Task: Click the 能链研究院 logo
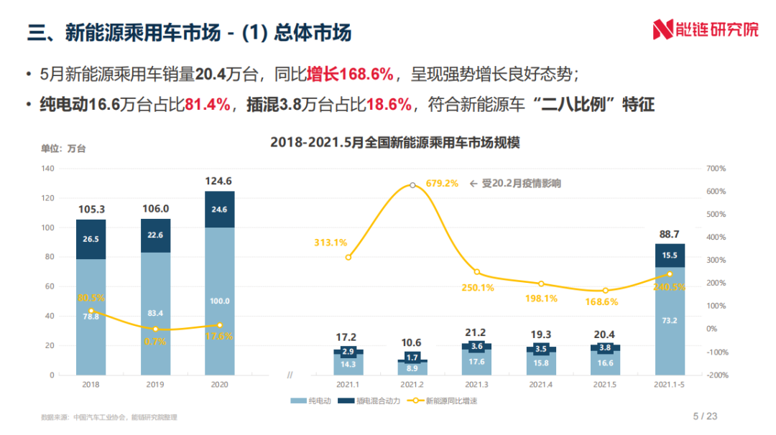point(705,30)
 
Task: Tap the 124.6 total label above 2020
point(219,181)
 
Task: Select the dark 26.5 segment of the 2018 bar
point(91,239)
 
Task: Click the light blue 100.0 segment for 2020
point(219,300)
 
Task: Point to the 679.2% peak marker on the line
point(412,185)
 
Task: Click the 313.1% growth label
point(331,243)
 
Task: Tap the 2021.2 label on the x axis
point(412,385)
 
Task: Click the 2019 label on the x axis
point(155,385)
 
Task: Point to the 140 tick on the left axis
point(48,169)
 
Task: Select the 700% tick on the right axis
point(716,169)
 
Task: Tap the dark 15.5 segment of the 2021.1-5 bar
point(670,256)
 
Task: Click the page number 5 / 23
point(705,416)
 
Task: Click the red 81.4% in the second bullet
point(208,105)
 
